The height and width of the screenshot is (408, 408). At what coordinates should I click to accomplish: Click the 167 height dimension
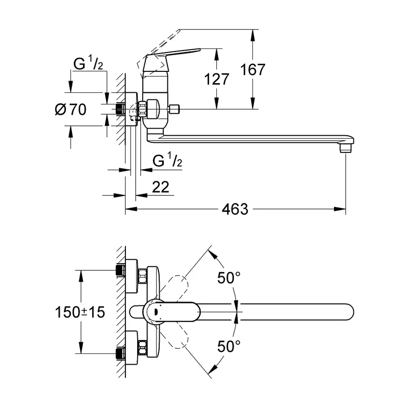pos(253,69)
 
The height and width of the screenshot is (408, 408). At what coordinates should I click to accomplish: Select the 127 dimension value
pos(217,79)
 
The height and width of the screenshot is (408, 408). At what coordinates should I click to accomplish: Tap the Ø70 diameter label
pos(70,109)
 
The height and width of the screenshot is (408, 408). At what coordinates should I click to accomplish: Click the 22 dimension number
pos(161,187)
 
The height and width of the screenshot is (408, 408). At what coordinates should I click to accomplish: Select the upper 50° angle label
pos(229,278)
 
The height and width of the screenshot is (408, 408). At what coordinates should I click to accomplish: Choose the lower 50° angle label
pos(229,347)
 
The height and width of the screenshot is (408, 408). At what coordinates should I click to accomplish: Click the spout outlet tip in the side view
pos(346,147)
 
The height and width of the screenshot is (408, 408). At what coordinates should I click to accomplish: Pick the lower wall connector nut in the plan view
pos(121,352)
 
